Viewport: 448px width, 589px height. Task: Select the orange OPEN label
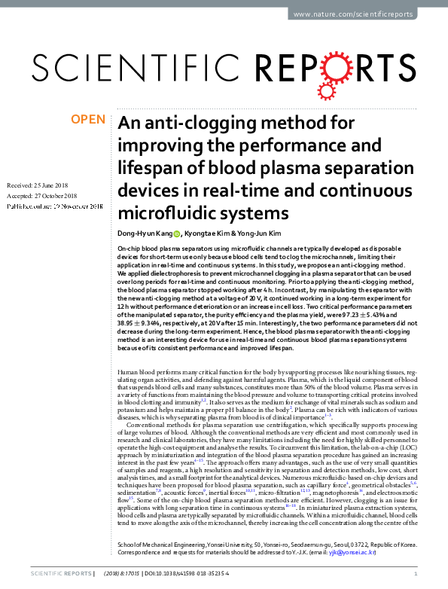point(87,119)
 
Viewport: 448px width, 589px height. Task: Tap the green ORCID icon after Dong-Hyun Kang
point(178,233)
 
